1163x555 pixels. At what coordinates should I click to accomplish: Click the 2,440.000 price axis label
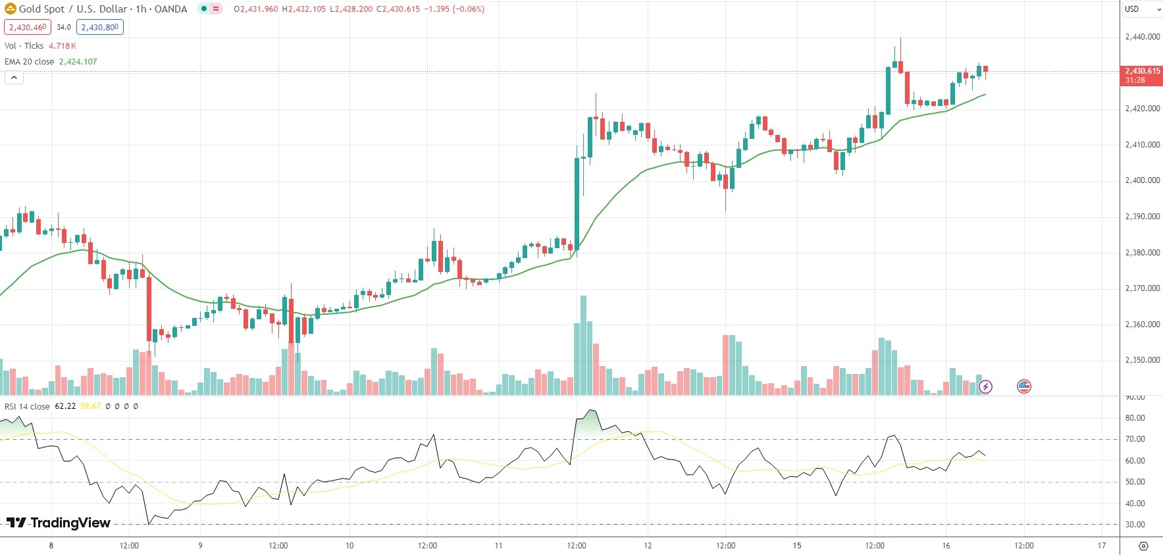coord(1142,37)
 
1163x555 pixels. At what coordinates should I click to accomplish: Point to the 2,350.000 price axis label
coord(1142,360)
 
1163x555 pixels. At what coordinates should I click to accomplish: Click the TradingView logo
coord(59,523)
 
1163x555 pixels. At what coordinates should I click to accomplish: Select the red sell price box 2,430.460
coord(28,27)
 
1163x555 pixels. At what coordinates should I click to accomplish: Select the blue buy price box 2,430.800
coord(99,27)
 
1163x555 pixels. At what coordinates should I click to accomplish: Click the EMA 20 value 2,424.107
coord(78,61)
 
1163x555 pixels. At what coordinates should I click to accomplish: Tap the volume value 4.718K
coord(62,45)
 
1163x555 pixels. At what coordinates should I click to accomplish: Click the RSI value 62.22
coord(65,406)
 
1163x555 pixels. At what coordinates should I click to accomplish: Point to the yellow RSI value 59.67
coord(91,406)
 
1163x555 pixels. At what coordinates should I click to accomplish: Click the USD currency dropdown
coord(1142,9)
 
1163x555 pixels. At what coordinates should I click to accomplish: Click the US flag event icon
coord(1023,386)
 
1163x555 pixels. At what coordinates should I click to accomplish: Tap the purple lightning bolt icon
coord(985,386)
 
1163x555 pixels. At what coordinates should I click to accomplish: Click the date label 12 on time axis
coord(648,545)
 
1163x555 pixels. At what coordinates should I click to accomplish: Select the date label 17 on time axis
coord(1102,545)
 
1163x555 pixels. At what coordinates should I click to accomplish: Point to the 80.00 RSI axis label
coord(1135,418)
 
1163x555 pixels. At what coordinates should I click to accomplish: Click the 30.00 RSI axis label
coord(1135,525)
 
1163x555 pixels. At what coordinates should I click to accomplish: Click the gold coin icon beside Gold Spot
coord(10,9)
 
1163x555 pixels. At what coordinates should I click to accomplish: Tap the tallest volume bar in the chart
coord(583,346)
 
